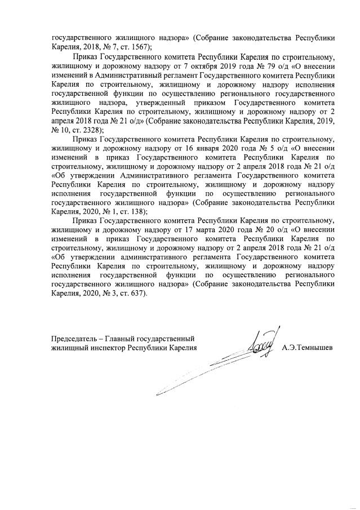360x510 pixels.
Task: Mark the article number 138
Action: pos(137,211)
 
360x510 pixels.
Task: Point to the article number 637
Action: pos(137,292)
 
